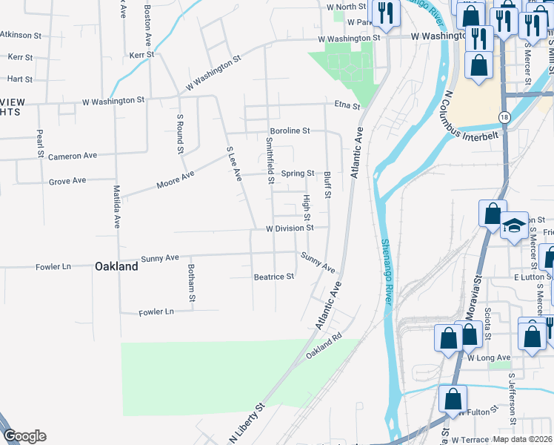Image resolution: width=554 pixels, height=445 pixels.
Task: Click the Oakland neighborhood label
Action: pos(116,266)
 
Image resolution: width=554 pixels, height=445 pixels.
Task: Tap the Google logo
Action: pos(24,437)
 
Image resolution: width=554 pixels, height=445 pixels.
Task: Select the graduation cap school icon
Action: pos(513,226)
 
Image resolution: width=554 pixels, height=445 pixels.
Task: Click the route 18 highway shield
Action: pos(504,118)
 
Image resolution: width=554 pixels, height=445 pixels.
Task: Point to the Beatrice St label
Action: pos(274,277)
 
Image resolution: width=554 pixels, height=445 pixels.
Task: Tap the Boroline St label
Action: pos(289,131)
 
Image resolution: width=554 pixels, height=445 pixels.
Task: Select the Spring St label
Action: pos(298,174)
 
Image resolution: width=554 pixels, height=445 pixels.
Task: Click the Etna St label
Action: pos(347,106)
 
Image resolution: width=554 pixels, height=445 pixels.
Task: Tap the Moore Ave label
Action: pos(176,179)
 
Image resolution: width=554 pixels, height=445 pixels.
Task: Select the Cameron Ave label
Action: pos(73,156)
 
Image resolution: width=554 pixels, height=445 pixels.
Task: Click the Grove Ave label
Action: pos(67,181)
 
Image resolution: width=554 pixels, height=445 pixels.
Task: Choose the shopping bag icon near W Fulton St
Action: pos(453,399)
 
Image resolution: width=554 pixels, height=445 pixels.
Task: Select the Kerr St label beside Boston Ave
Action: pos(140,55)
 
